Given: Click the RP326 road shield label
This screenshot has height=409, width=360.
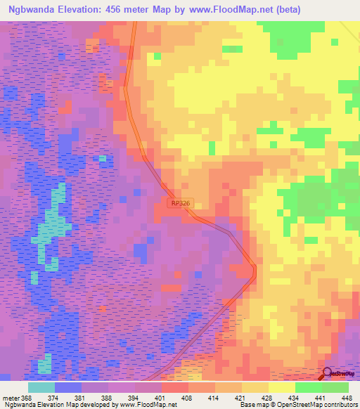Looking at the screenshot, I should (x=180, y=202).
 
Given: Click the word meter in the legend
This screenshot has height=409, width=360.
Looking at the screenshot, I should (x=11, y=397).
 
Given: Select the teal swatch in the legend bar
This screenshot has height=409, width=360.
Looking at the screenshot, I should (x=41, y=387).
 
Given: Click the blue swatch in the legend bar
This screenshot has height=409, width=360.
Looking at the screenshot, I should (x=67, y=387).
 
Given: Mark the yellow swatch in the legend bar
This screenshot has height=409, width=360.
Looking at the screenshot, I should (x=281, y=387).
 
